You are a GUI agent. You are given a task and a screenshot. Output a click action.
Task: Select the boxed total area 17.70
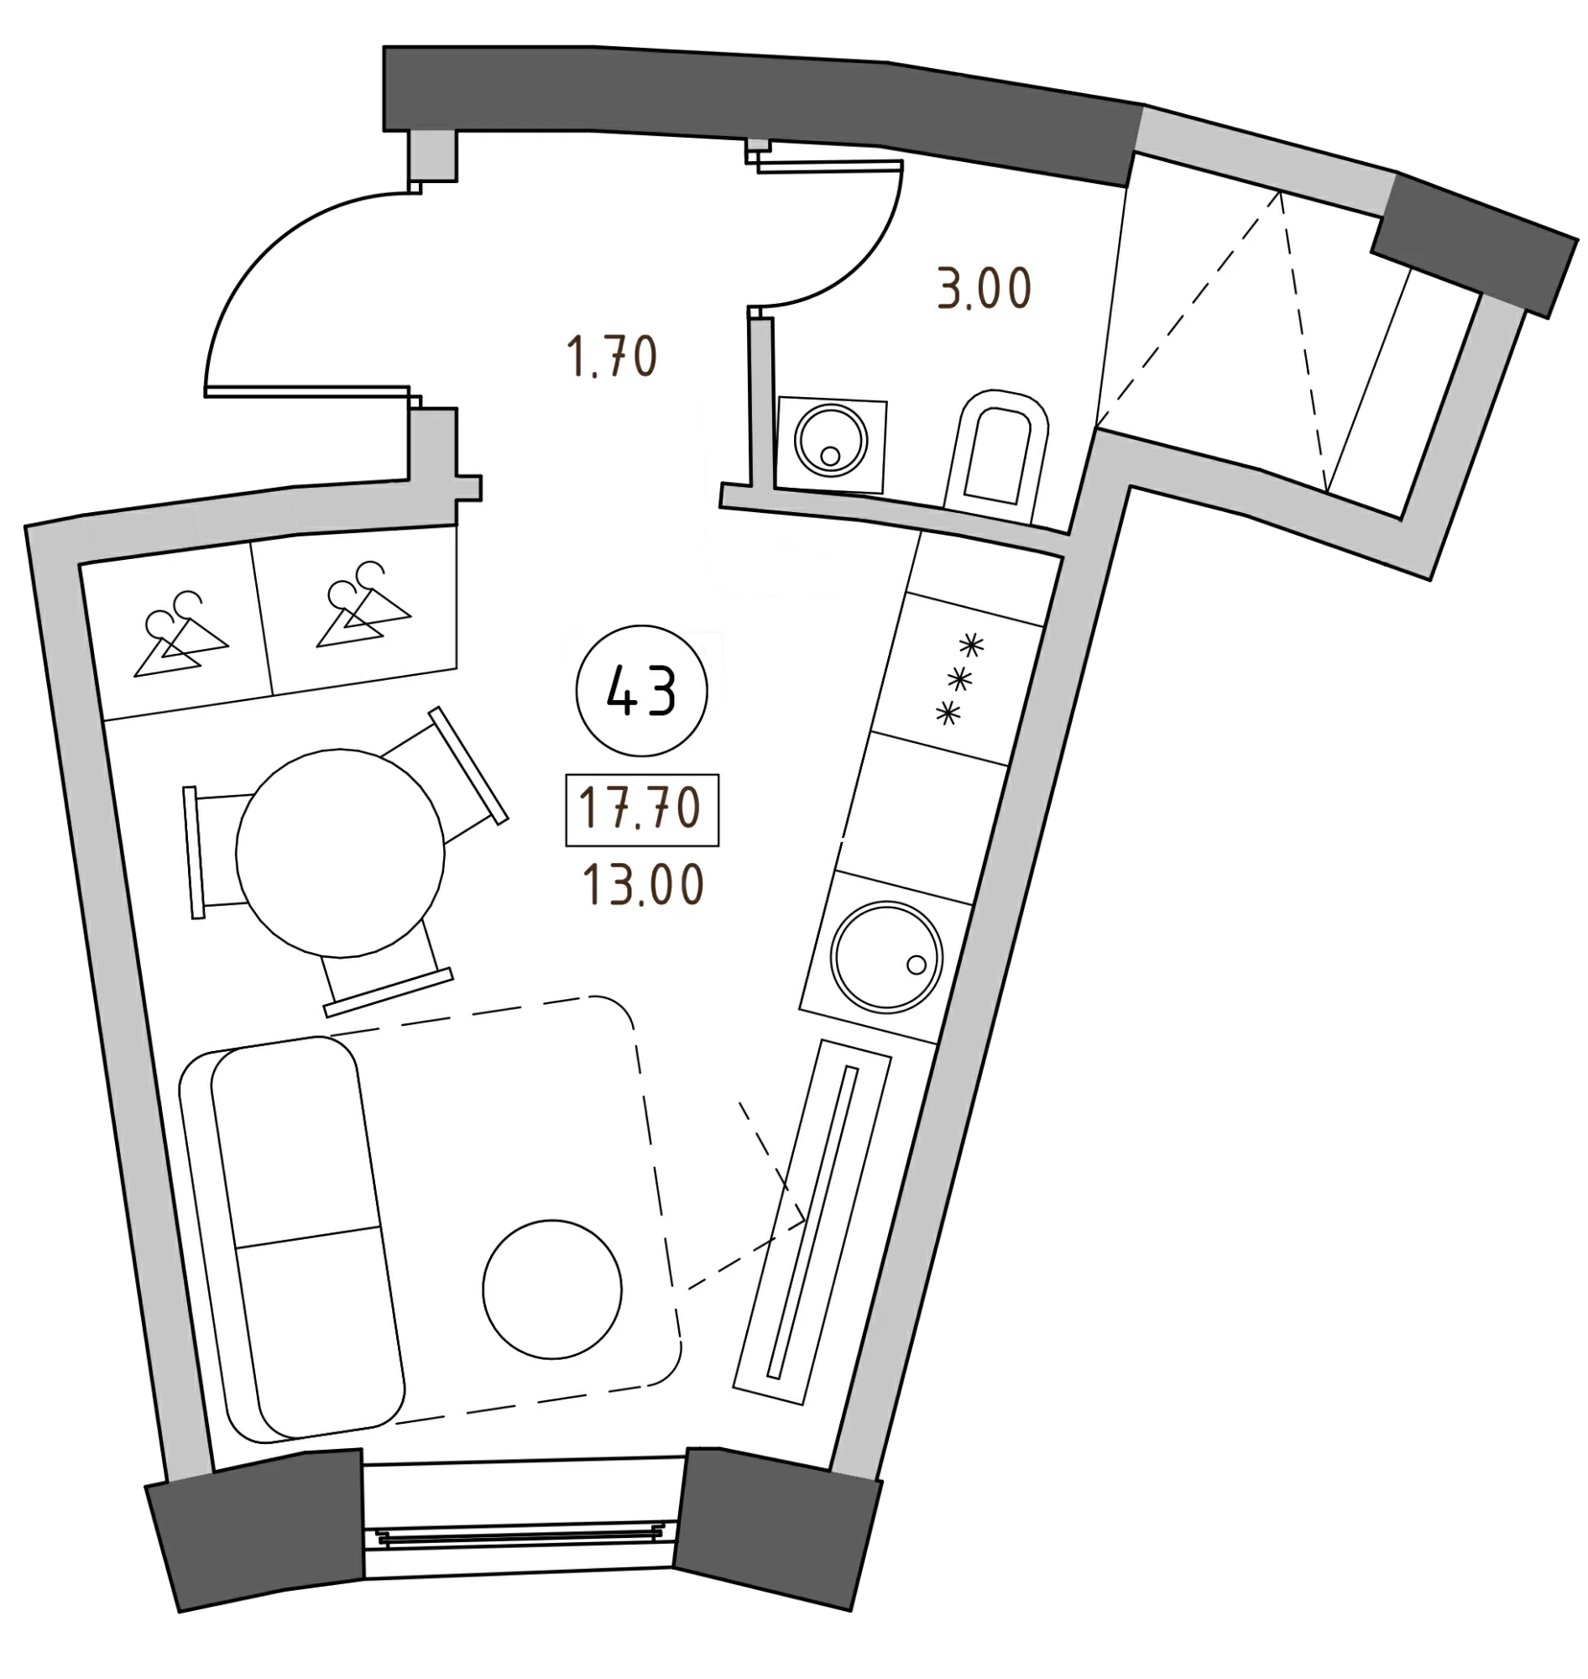(x=641, y=809)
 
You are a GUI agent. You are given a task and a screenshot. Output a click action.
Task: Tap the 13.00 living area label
(x=641, y=886)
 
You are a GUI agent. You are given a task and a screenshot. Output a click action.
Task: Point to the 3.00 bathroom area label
(x=983, y=290)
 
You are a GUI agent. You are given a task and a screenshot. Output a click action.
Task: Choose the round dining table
(x=340, y=854)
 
